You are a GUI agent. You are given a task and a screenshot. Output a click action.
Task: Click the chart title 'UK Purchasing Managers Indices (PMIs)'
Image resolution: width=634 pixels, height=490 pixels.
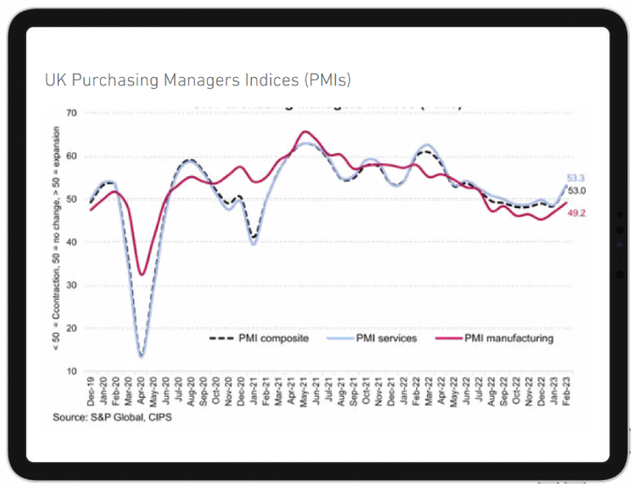click(x=197, y=80)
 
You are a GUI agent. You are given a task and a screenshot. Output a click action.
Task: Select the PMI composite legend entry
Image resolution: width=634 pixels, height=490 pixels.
click(x=259, y=339)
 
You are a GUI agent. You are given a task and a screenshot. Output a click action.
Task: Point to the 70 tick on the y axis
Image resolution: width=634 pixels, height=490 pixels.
click(x=71, y=113)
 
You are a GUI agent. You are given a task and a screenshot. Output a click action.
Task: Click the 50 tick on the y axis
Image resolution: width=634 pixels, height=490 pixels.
click(x=71, y=200)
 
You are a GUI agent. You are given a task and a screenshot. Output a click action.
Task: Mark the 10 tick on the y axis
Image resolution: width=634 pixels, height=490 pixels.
click(x=71, y=372)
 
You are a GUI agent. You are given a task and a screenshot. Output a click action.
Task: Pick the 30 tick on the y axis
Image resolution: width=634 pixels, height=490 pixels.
click(x=71, y=285)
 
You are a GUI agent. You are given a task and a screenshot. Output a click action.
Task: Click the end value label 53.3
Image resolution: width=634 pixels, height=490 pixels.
click(x=576, y=178)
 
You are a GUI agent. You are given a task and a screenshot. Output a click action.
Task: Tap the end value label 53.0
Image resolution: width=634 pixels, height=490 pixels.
click(x=576, y=191)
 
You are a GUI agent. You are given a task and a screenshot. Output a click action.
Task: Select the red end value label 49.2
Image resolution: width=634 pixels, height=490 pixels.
click(x=576, y=213)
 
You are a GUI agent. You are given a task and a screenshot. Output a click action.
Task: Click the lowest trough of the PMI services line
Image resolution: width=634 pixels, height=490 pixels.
click(x=141, y=356)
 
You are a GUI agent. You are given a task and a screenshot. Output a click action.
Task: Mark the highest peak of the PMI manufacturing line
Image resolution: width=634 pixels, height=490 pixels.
click(x=305, y=132)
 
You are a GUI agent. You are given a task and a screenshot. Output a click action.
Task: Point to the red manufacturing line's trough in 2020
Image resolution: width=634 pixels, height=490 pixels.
click(x=142, y=274)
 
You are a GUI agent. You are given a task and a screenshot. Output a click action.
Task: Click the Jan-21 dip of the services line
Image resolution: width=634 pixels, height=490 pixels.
click(x=253, y=244)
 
